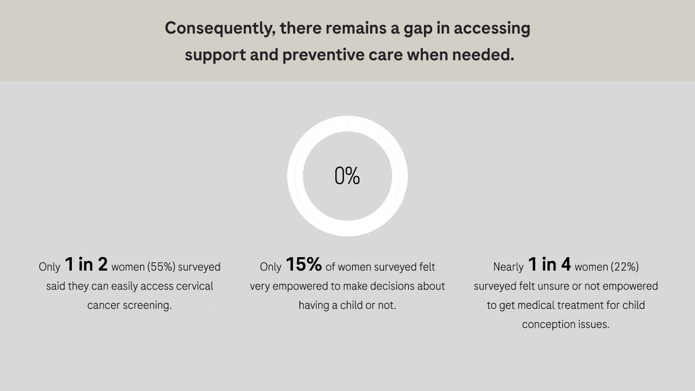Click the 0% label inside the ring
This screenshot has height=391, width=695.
(348, 176)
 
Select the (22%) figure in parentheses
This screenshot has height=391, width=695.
(624, 267)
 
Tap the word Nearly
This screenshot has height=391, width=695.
(509, 267)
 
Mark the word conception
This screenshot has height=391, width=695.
(547, 324)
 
